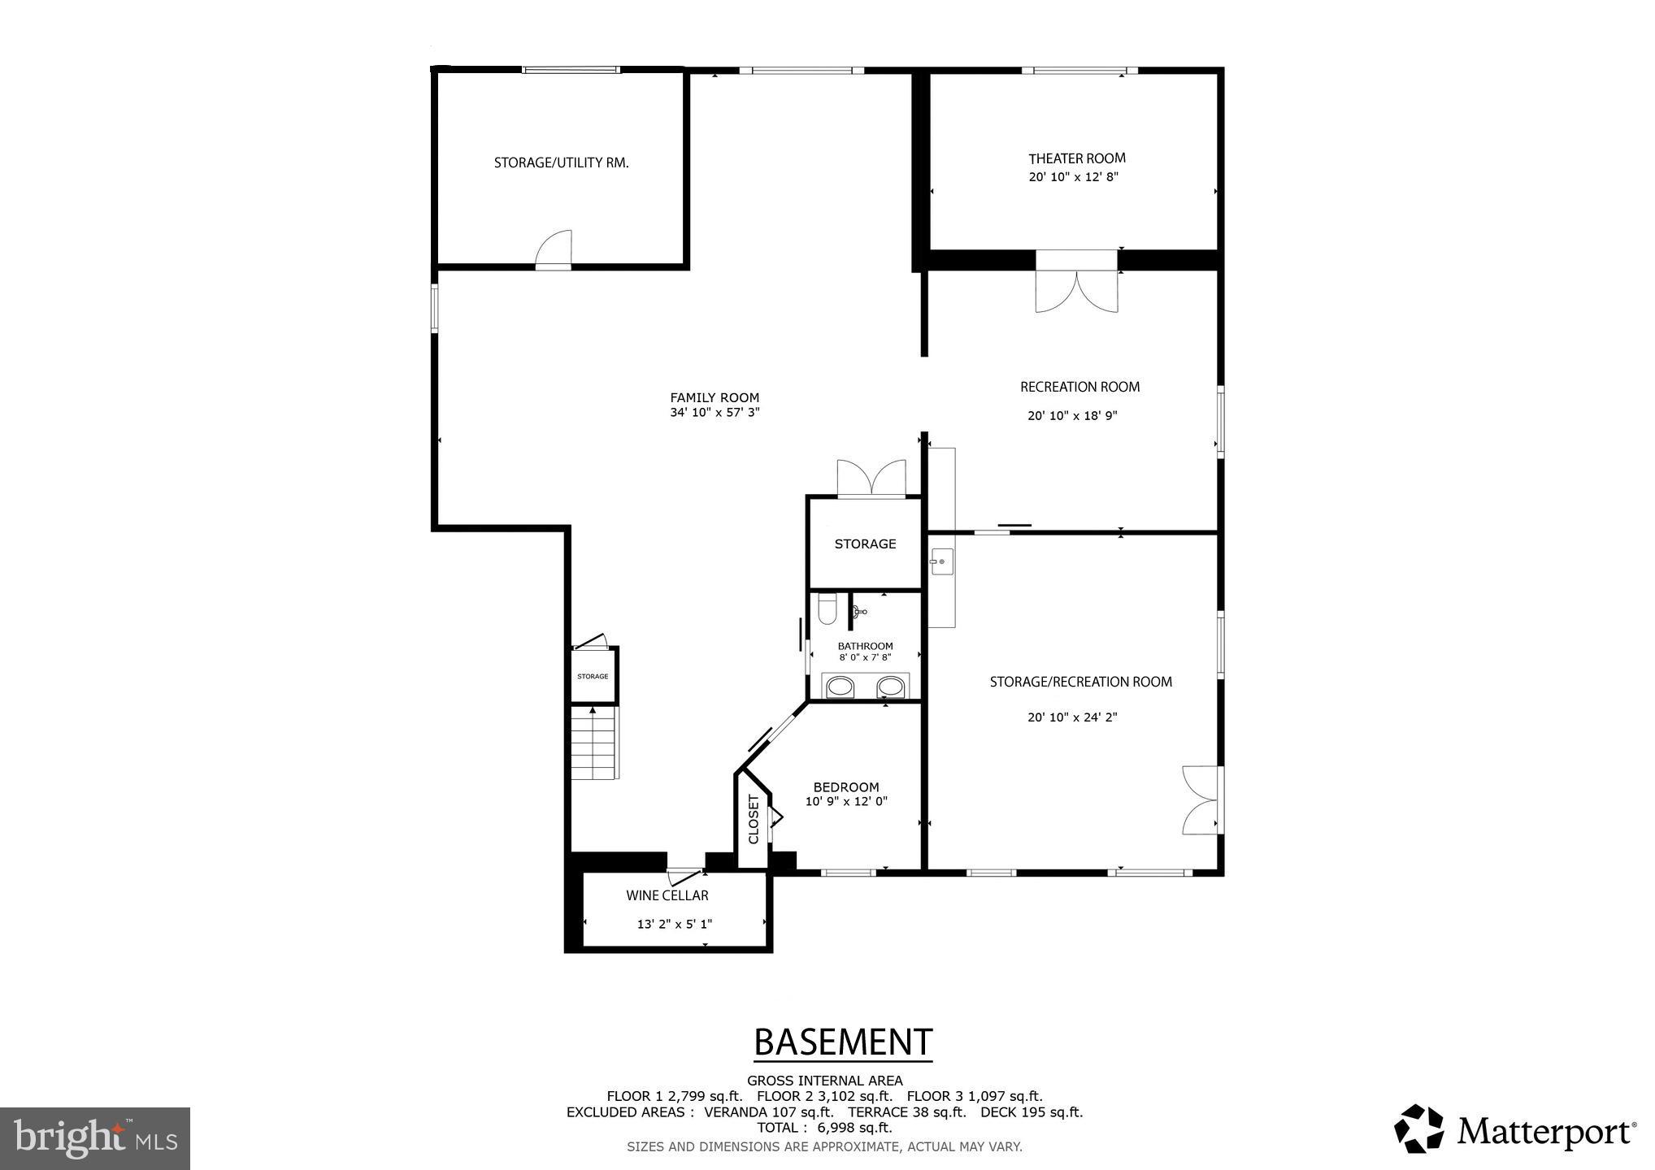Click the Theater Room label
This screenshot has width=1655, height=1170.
tap(1076, 158)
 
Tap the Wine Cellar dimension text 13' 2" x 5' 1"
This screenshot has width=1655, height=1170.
tap(674, 924)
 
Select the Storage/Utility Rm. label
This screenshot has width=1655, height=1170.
tap(561, 162)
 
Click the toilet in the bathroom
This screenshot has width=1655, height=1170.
tap(827, 609)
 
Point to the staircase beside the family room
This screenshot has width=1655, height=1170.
tap(594, 743)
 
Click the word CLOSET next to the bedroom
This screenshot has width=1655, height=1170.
tap(753, 819)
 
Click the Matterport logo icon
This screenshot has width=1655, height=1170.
tap(1418, 1128)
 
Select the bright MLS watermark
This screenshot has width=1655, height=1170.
tap(95, 1137)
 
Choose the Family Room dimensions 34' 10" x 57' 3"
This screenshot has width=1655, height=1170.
tap(715, 412)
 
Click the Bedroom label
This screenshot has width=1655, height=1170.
tap(846, 787)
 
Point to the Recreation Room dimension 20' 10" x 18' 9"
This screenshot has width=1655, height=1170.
tap(1072, 416)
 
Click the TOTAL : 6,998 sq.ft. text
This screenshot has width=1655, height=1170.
tap(824, 1128)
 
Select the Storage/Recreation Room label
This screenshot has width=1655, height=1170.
tap(1080, 682)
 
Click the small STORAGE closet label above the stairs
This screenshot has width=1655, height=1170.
tap(593, 676)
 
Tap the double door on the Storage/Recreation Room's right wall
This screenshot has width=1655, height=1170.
tap(1201, 799)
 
